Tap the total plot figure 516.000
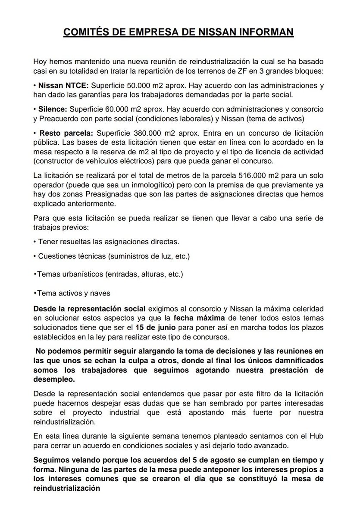point(255,175)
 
